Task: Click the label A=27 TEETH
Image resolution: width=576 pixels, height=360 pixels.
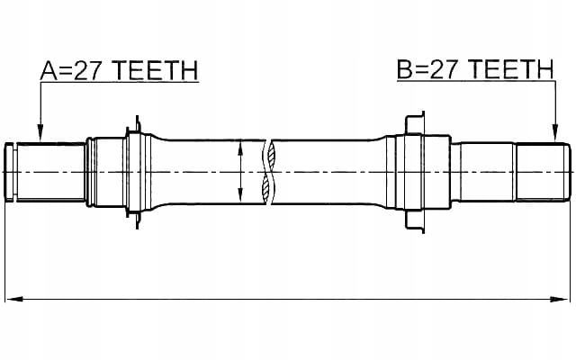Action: click(x=119, y=70)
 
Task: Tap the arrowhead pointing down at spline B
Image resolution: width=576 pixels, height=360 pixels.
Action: click(x=555, y=132)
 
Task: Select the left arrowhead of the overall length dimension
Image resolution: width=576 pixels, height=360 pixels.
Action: click(x=14, y=299)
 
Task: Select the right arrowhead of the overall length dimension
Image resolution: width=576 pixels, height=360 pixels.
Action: click(x=559, y=299)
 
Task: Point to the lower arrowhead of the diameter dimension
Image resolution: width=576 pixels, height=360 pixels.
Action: click(x=240, y=194)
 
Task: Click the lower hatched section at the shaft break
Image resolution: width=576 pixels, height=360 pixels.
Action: click(x=265, y=186)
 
